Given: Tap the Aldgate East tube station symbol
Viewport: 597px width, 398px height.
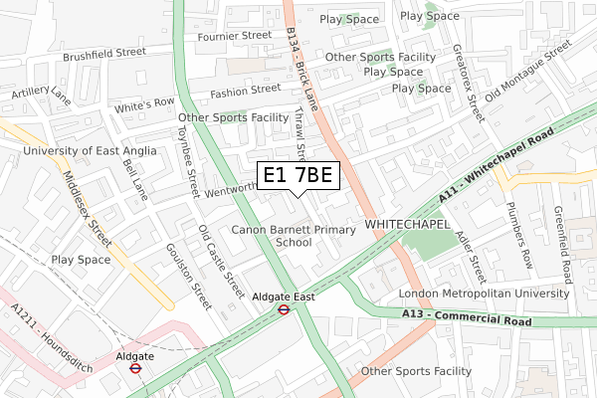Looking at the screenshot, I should point(284,309).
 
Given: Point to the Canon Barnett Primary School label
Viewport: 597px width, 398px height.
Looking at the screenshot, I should point(294,236).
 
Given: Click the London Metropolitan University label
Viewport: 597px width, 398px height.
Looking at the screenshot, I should point(485,294).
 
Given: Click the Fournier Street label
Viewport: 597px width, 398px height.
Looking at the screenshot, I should point(236,35).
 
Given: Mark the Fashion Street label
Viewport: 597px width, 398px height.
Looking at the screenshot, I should point(245,91).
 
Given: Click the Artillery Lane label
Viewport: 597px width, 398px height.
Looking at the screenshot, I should point(41,96).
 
